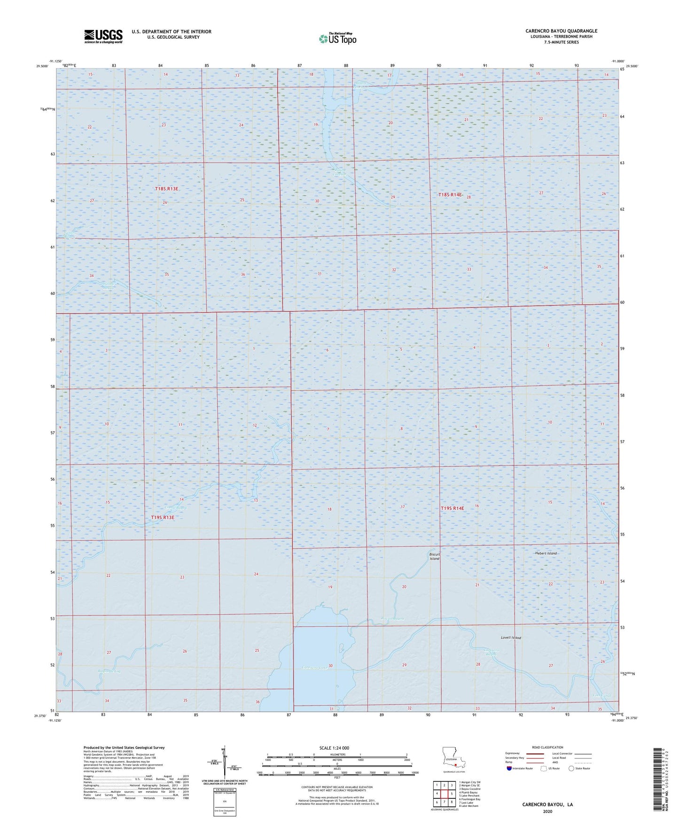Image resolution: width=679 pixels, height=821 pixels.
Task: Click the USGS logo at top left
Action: click(x=103, y=36)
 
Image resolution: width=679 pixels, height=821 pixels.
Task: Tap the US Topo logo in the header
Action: click(x=337, y=39)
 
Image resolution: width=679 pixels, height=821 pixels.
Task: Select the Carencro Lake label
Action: click(x=314, y=668)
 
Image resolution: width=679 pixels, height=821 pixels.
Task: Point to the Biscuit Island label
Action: click(x=434, y=556)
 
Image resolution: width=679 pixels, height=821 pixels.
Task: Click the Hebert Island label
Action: click(x=546, y=553)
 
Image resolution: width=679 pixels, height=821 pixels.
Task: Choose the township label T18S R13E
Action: click(x=167, y=189)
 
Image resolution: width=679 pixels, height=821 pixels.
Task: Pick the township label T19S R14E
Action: click(x=452, y=508)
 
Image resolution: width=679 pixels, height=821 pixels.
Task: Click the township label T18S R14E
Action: click(x=450, y=195)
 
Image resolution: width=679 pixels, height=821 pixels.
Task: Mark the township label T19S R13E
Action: click(x=163, y=518)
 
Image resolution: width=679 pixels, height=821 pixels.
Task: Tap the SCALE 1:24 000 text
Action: click(x=334, y=748)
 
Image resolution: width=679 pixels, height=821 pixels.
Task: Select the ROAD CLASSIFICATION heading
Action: click(x=534, y=747)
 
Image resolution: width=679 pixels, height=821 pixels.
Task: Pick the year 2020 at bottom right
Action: click(x=547, y=811)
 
